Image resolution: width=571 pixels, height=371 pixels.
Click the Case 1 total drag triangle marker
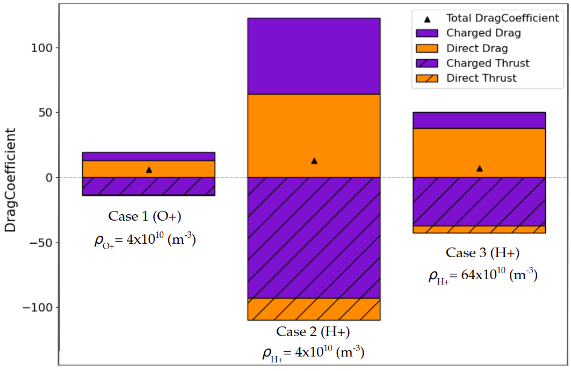(149, 170)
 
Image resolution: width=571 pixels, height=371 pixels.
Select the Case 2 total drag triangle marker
(314, 161)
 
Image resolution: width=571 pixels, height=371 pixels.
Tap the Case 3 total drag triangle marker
(480, 169)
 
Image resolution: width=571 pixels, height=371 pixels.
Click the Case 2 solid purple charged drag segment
(314, 56)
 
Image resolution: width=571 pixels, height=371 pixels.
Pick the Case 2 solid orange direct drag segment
(314, 136)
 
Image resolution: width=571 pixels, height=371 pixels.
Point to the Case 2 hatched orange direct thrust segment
(314, 309)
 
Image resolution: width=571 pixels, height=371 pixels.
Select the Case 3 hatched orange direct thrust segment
(479, 229)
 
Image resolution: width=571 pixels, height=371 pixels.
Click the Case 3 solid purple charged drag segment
(479, 120)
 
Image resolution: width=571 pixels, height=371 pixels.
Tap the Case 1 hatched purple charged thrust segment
(149, 186)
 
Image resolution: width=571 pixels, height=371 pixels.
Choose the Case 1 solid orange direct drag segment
(149, 169)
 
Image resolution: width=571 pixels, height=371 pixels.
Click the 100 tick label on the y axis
(41, 48)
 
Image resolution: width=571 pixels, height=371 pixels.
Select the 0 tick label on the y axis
(49, 178)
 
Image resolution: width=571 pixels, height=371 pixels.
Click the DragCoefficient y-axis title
(11, 180)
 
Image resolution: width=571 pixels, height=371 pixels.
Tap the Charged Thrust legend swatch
(427, 63)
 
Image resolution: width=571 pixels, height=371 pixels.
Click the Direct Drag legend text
(477, 48)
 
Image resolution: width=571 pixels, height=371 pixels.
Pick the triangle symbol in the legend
(427, 19)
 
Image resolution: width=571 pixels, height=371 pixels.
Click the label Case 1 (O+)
(144, 216)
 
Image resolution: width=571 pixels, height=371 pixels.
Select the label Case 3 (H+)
(482, 253)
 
